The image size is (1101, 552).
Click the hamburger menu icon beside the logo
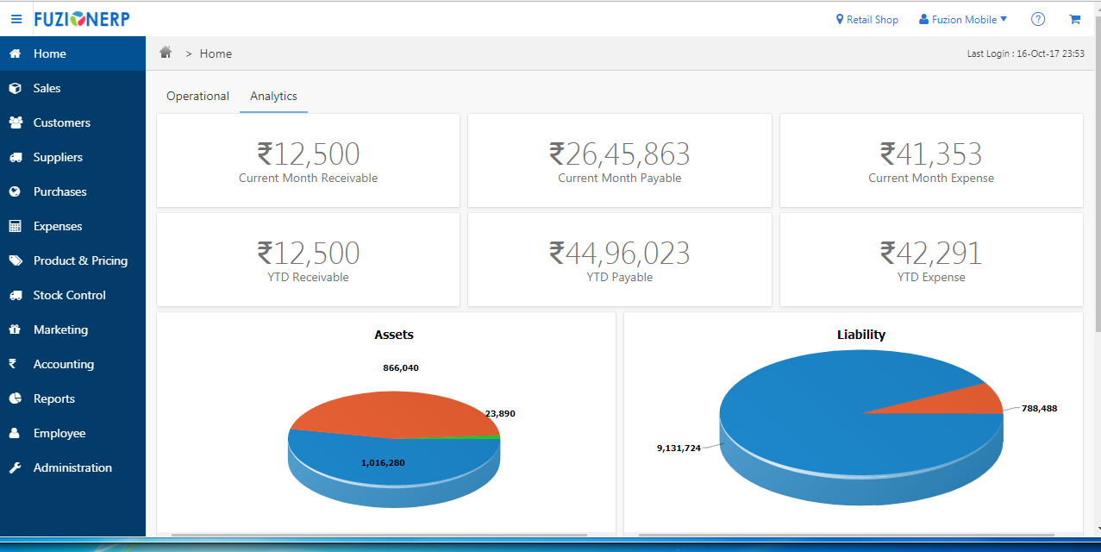[x=16, y=19]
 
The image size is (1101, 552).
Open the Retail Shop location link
[x=866, y=20]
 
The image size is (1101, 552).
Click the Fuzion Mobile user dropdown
[x=963, y=20]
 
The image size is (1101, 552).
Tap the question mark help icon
[x=1038, y=19]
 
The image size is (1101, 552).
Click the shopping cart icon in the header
[x=1074, y=19]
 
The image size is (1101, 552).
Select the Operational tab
[x=197, y=97]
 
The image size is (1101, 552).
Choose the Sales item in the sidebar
[x=47, y=88]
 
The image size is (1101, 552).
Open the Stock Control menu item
[x=69, y=295]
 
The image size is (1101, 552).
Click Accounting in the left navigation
[x=63, y=364]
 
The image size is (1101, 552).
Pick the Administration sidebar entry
[x=72, y=467]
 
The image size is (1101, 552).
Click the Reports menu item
[x=53, y=398]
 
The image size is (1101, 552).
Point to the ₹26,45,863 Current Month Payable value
[x=619, y=154]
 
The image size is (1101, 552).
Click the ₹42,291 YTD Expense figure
[x=930, y=254]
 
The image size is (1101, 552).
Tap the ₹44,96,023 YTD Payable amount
[x=619, y=254]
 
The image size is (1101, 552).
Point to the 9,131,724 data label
[x=679, y=448]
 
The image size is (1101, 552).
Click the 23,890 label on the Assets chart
[x=500, y=414]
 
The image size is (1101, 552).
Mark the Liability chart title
[x=860, y=335]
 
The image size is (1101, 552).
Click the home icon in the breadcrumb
[x=166, y=53]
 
